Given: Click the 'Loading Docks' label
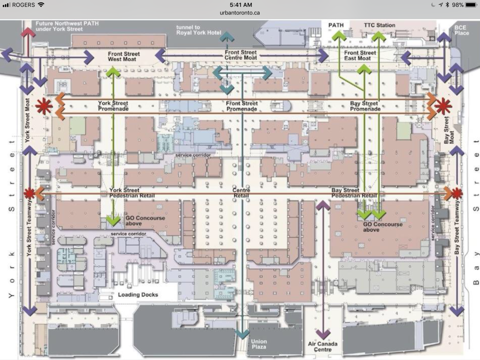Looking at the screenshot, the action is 138,295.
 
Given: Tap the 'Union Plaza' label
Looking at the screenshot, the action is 259,344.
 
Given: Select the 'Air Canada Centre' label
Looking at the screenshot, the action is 323,346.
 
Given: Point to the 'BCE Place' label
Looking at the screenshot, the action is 462,30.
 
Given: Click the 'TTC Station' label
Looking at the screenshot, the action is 379,25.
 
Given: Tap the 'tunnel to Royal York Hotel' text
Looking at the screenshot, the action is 199,30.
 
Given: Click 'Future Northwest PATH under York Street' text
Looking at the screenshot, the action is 67,26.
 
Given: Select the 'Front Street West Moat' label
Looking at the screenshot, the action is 124,56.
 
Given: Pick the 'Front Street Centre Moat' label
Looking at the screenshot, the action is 241,55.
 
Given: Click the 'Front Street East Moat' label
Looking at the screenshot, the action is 360,55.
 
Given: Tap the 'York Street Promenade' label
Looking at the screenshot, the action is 113,106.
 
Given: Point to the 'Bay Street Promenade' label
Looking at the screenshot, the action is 365,106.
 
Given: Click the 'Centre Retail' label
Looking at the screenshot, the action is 241,193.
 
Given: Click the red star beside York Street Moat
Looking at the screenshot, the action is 44,106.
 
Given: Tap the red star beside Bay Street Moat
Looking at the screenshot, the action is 443,106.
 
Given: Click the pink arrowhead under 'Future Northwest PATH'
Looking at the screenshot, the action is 28,32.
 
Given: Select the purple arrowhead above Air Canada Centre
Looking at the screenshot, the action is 323,206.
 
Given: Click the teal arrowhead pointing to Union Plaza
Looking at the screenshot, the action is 242,334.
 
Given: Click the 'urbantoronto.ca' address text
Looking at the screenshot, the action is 240,13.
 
